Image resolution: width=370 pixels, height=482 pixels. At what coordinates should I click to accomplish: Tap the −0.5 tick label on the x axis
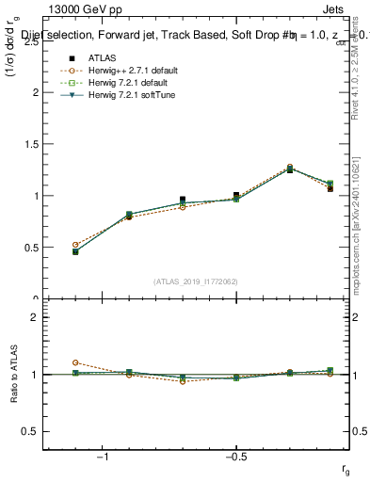pos(235,458)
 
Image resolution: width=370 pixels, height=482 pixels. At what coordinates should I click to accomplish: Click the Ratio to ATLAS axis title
pos(14,375)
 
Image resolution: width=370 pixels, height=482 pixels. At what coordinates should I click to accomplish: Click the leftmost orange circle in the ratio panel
pos(75,362)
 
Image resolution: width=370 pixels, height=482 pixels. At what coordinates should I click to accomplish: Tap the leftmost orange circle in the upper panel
pos(75,245)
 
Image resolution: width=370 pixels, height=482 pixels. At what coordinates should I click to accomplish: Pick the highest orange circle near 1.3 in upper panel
pos(289,167)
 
